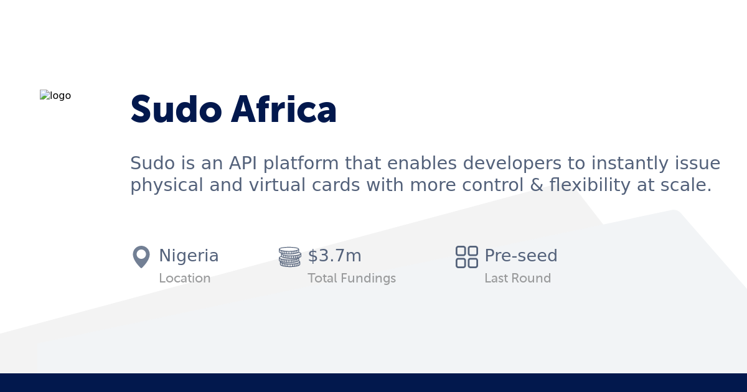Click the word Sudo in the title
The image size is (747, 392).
click(176, 110)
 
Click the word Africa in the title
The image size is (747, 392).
click(284, 110)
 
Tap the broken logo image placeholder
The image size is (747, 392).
click(55, 96)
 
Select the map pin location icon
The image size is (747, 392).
click(141, 257)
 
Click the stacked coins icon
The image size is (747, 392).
click(289, 257)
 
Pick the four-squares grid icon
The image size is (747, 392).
click(466, 257)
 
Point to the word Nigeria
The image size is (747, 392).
click(189, 256)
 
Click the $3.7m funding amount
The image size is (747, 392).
click(334, 256)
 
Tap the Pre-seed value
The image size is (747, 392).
click(520, 256)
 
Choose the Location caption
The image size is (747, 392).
click(184, 278)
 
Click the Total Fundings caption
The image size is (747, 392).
click(351, 278)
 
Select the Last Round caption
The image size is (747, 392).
click(517, 278)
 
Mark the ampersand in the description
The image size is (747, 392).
click(537, 185)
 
